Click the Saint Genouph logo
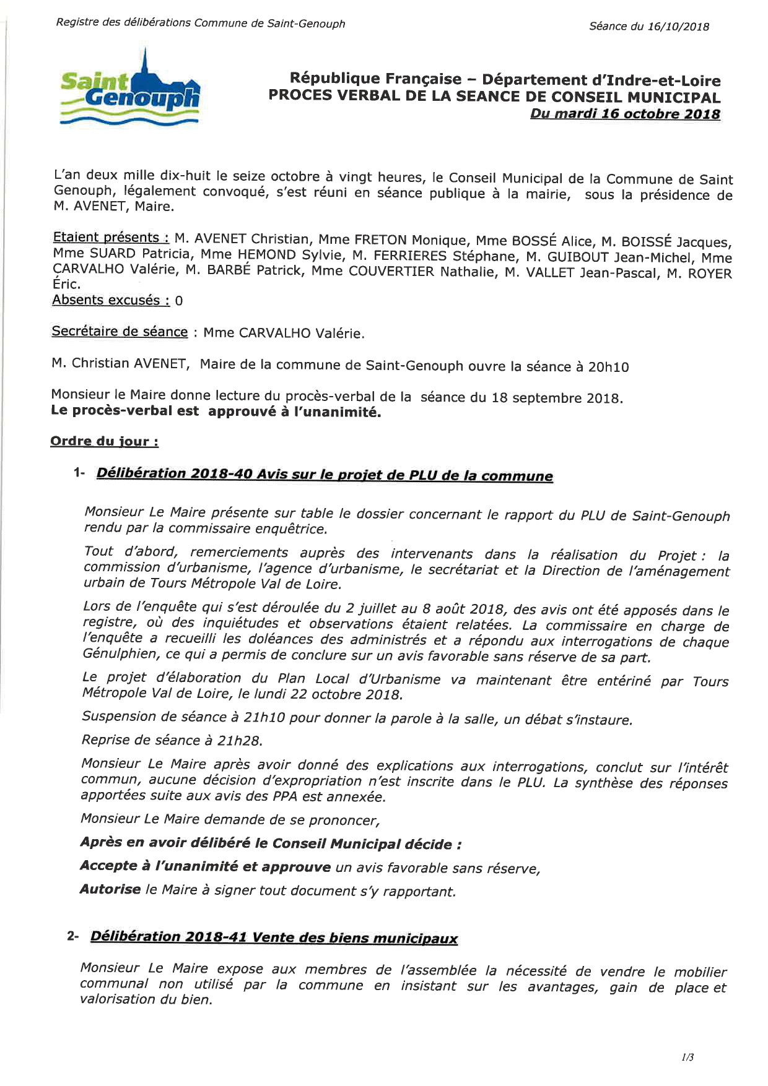click(130, 90)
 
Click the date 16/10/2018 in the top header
click(678, 27)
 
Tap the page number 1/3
click(687, 1058)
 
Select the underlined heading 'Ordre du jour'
click(104, 441)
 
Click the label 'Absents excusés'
click(111, 300)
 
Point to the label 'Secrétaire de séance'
click(120, 332)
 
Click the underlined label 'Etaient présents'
click(111, 238)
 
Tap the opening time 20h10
click(608, 367)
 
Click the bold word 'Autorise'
click(110, 889)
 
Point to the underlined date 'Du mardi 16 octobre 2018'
click(625, 114)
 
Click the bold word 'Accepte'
click(108, 866)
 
